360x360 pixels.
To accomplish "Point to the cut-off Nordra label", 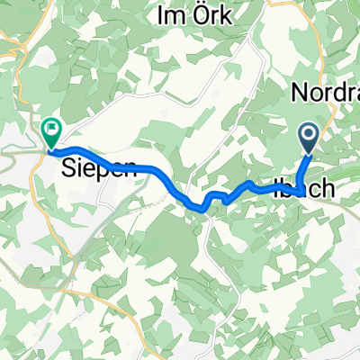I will pyautogui.click(x=325, y=92).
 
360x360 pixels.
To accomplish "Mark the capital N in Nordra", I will pyautogui.click(x=297, y=92).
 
